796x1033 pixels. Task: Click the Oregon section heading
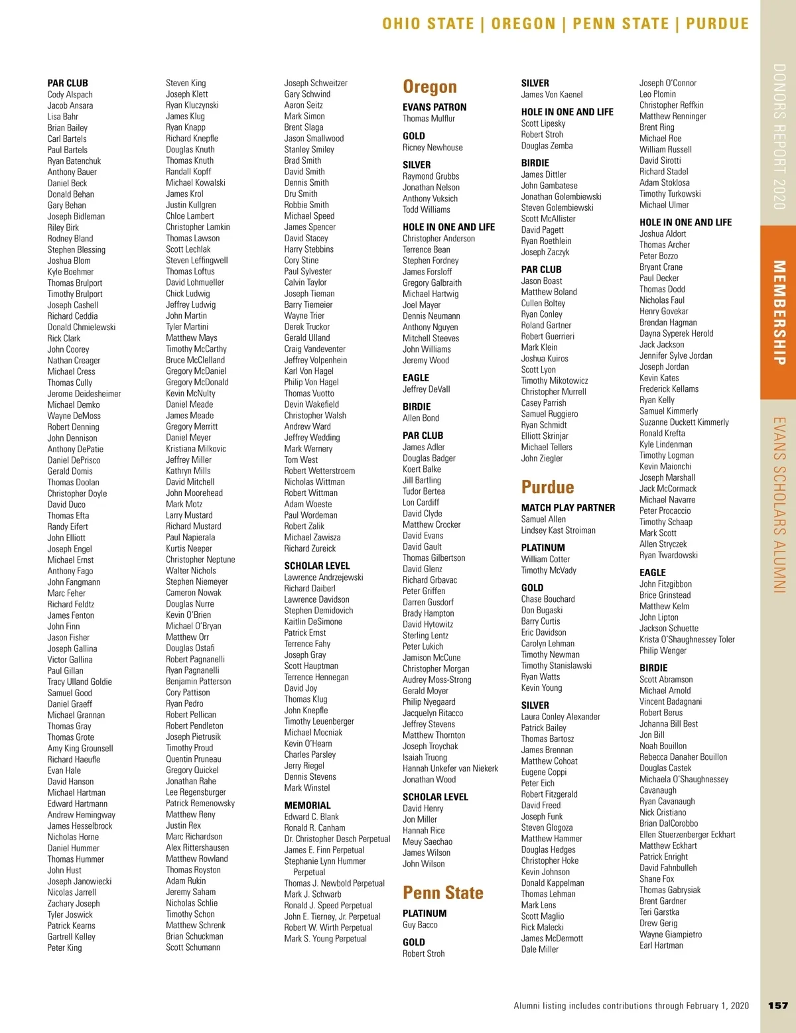click(430, 87)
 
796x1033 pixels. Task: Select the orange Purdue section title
click(547, 487)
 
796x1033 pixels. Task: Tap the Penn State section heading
click(442, 892)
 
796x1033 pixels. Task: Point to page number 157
click(777, 1006)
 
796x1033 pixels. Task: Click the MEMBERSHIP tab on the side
click(779, 312)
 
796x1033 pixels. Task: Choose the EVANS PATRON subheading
click(434, 107)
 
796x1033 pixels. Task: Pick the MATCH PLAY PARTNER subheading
click(568, 508)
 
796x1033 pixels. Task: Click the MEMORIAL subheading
click(307, 806)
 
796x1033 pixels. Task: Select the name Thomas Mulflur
click(429, 119)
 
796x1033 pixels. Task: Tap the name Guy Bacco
click(420, 925)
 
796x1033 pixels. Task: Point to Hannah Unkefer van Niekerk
click(450, 768)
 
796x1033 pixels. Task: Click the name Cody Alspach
click(70, 94)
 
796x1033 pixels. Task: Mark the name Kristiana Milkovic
click(196, 449)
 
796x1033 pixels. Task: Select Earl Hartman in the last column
click(661, 945)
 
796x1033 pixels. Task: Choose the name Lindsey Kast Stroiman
click(558, 530)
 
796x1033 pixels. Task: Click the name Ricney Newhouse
click(432, 147)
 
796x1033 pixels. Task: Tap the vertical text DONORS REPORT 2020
click(779, 137)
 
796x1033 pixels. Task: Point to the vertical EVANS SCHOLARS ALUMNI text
click(779, 505)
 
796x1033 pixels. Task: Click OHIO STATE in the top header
click(428, 24)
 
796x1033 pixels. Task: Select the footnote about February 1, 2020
click(631, 1006)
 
